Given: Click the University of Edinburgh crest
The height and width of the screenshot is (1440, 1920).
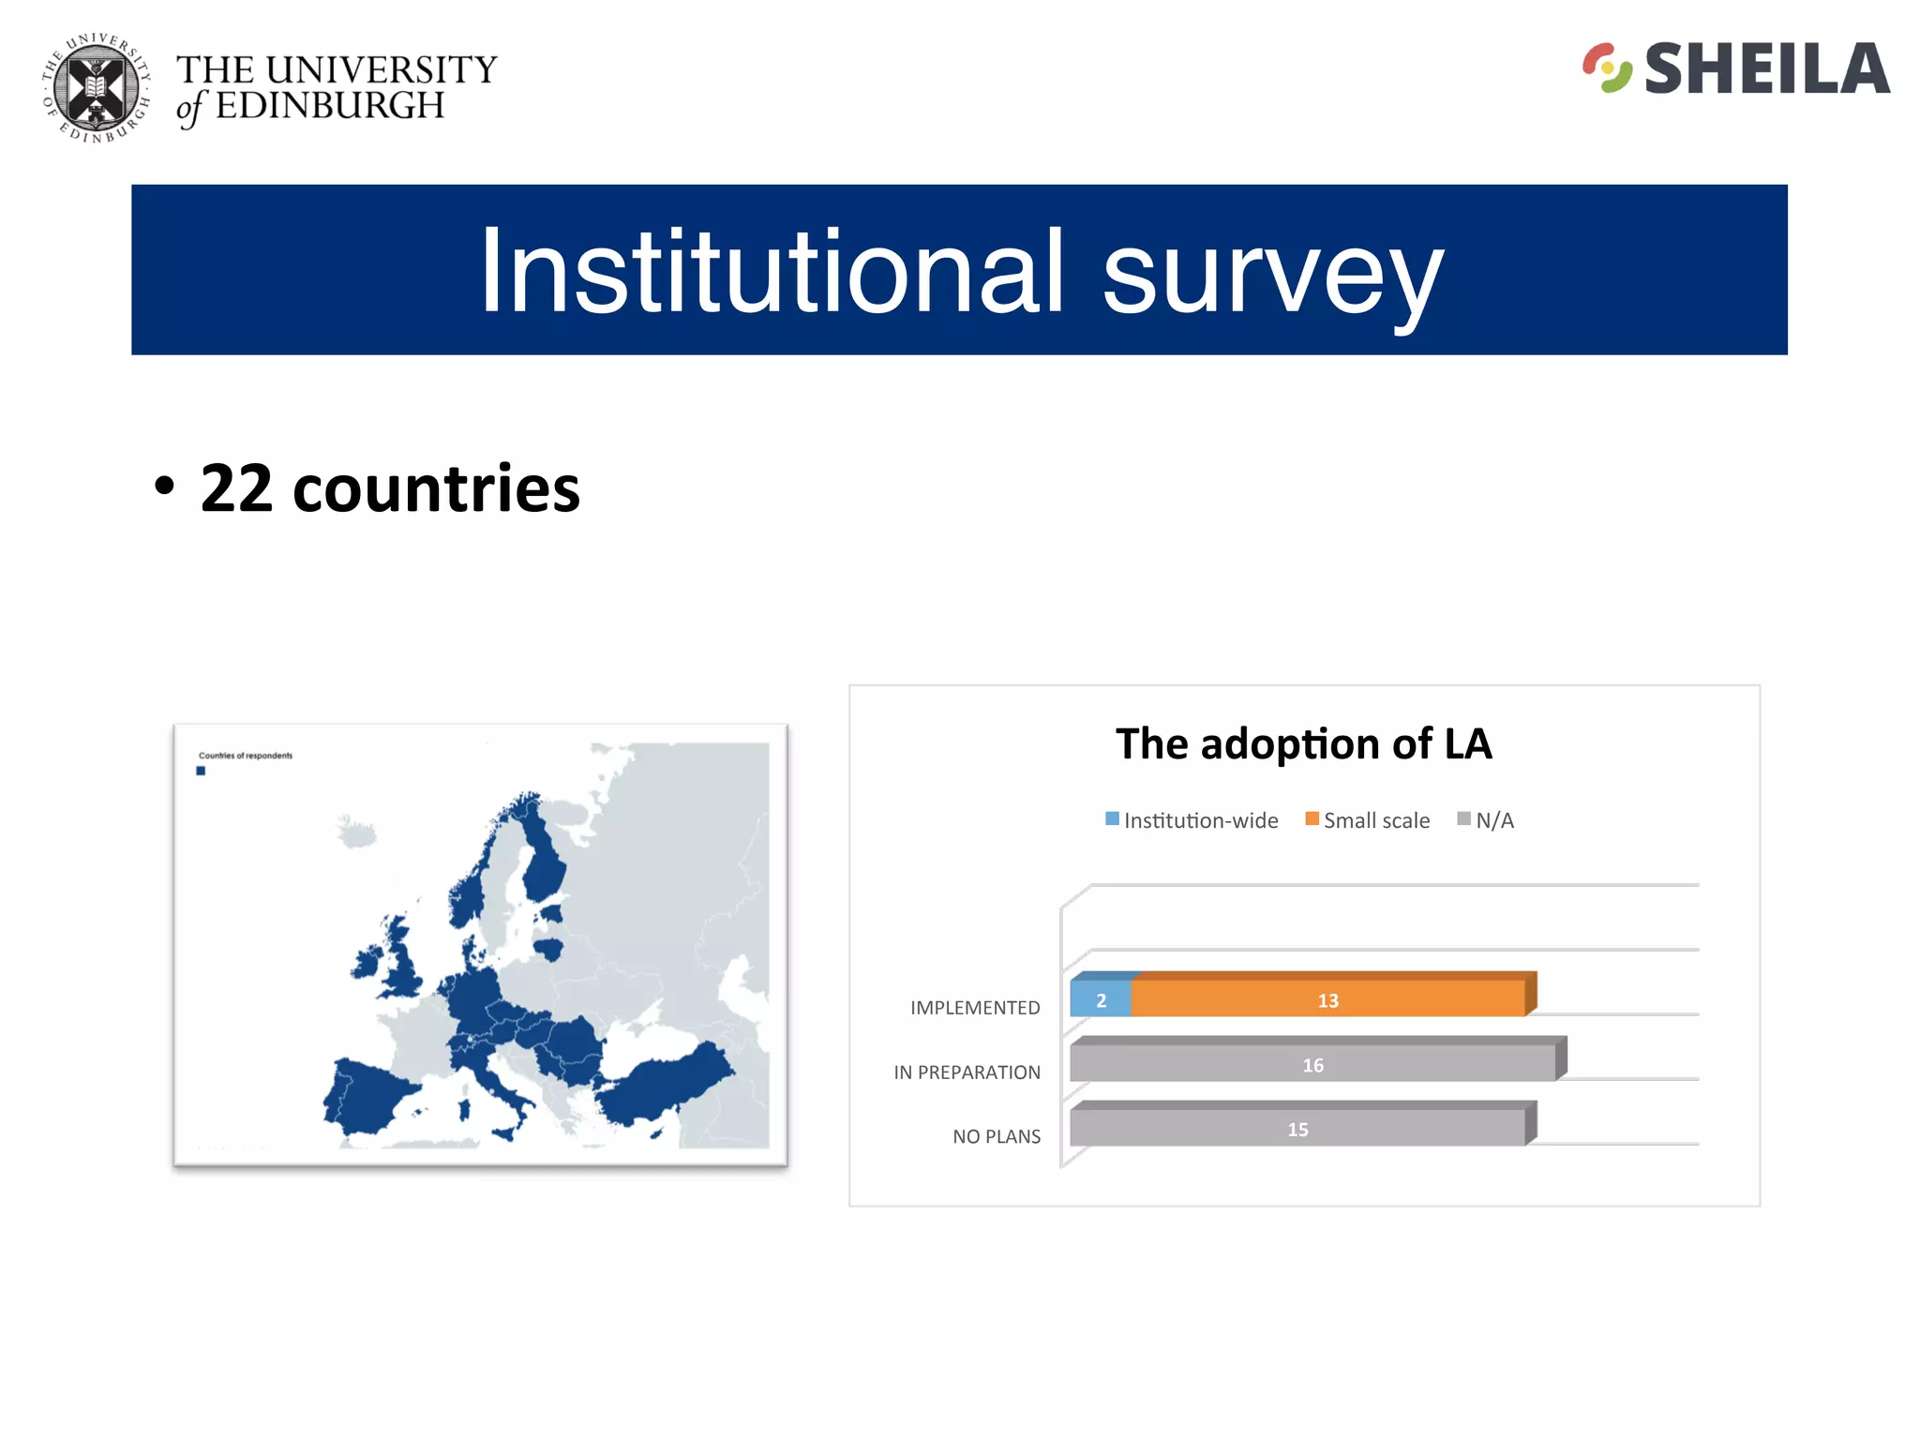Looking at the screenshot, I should click(x=97, y=88).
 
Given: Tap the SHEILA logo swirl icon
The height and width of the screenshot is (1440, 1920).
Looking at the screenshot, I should click(x=1607, y=68).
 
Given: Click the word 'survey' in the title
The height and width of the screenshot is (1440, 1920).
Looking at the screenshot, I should click(x=1272, y=273).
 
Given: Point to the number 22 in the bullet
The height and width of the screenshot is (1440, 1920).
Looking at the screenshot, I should click(x=236, y=488).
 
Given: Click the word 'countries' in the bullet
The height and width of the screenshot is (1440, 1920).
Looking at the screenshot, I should click(x=436, y=488).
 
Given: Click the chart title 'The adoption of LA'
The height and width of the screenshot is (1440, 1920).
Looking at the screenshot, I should click(x=1303, y=744).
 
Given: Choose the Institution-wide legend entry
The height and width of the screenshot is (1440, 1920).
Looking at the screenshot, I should click(x=1192, y=820).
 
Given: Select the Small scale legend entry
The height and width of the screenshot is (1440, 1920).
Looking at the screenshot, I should click(x=1368, y=820).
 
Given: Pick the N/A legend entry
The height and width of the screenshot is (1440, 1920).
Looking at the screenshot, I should click(x=1486, y=820).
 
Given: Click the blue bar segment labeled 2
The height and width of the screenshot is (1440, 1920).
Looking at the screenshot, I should click(x=1101, y=1000).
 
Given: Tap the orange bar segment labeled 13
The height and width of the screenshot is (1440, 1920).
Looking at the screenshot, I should click(x=1327, y=1000).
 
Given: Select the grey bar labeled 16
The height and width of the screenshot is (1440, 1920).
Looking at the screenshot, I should click(x=1312, y=1065).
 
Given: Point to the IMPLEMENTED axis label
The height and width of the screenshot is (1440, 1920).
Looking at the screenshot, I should click(x=975, y=1008).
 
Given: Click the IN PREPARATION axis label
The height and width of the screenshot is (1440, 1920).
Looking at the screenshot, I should click(x=967, y=1072).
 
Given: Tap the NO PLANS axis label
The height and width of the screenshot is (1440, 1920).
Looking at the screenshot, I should click(x=997, y=1137).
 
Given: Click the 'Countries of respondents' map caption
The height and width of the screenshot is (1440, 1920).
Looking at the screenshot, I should click(x=246, y=756).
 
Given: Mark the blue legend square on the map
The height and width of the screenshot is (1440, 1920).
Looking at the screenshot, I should click(x=201, y=772).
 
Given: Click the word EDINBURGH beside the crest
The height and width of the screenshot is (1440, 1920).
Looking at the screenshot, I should click(x=330, y=106).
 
